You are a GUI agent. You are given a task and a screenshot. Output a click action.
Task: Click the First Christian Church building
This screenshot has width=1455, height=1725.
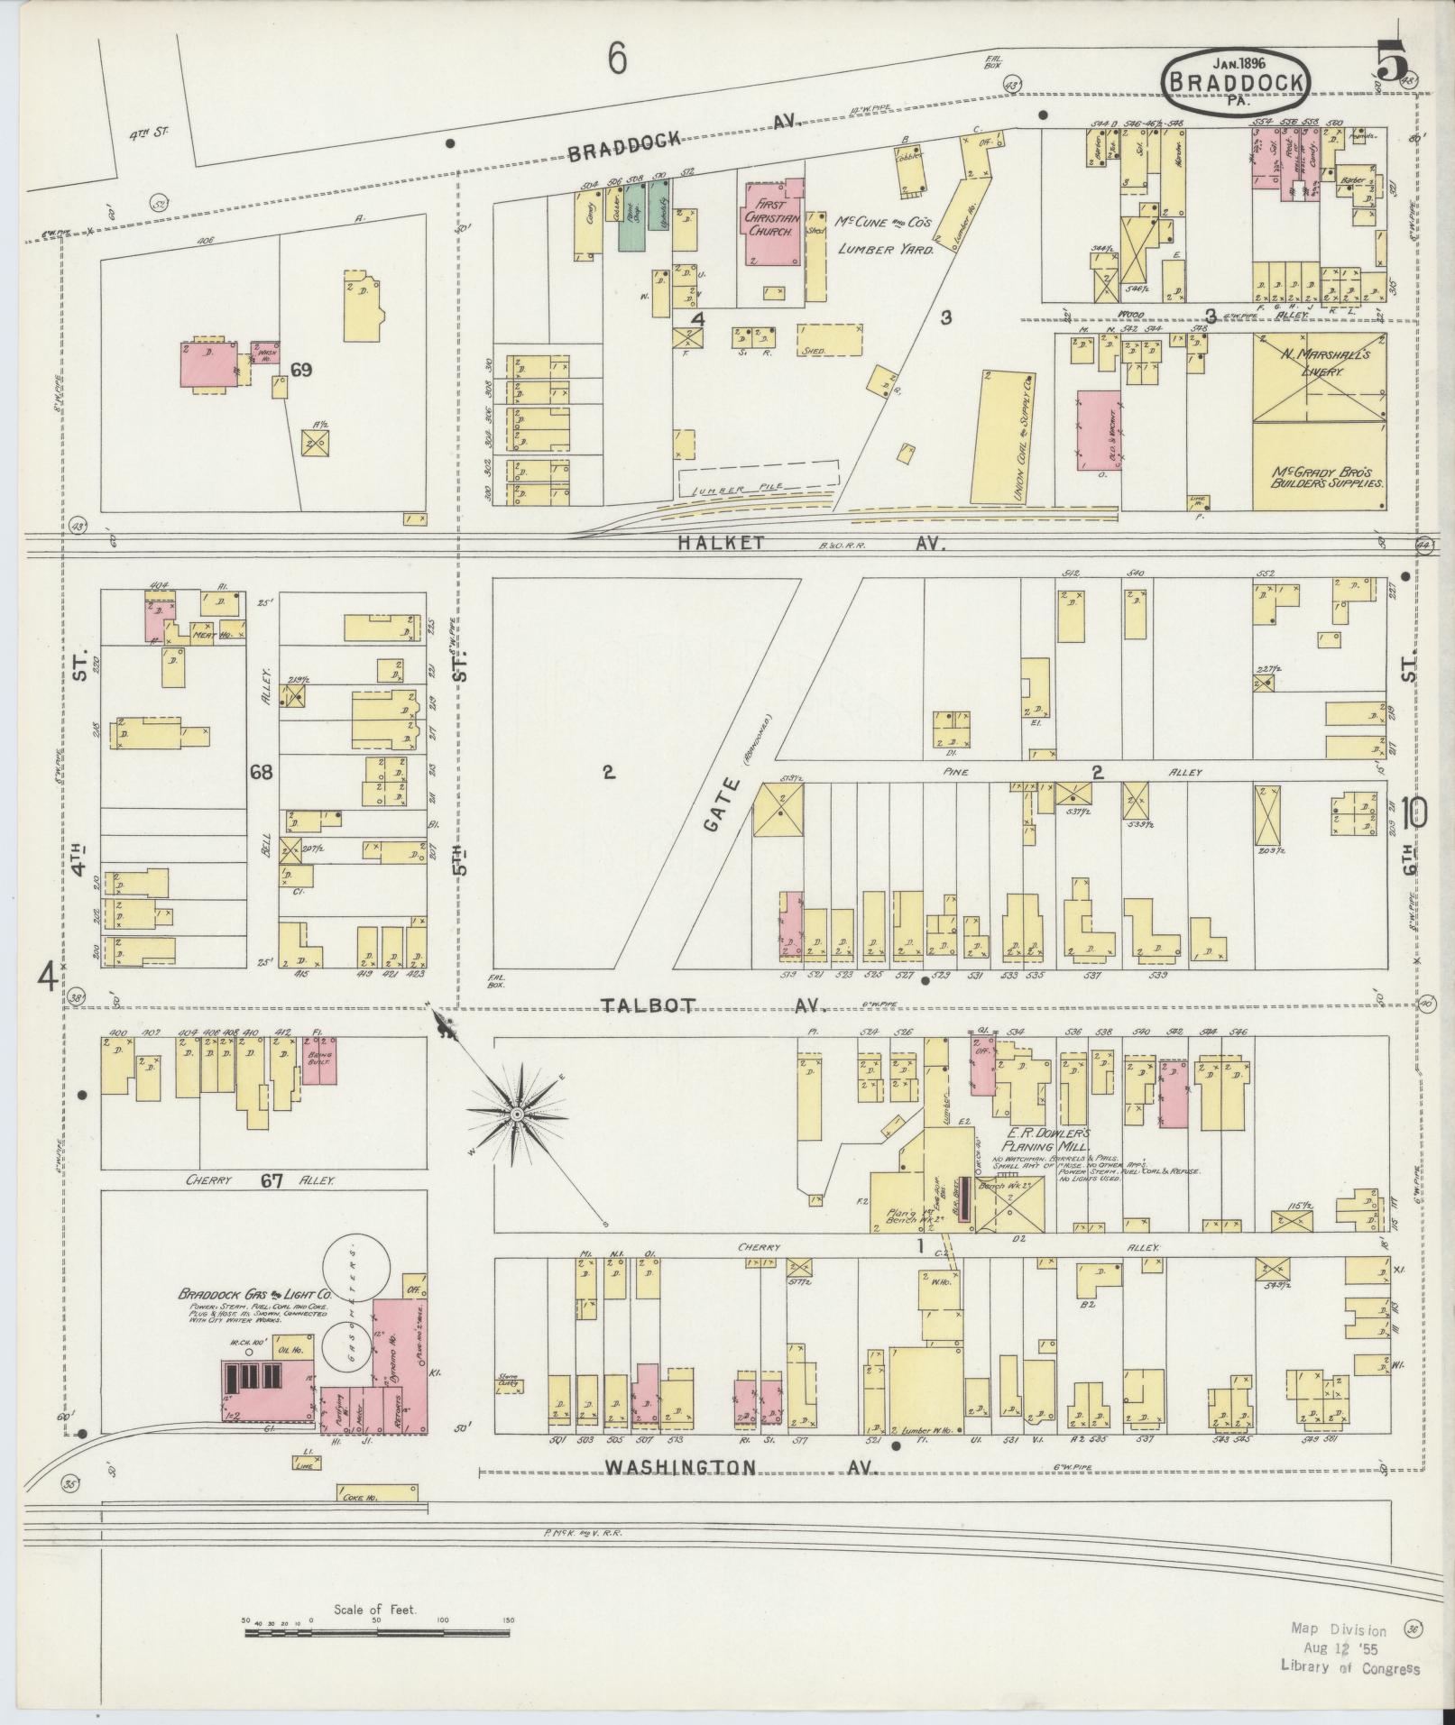(x=770, y=225)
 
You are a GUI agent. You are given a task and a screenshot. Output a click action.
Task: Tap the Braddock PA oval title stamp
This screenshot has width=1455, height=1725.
(x=1236, y=82)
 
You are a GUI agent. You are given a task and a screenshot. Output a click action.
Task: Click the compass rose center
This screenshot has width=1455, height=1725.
(x=517, y=1115)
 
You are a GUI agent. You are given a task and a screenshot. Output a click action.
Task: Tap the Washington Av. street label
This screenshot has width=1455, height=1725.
(x=680, y=1467)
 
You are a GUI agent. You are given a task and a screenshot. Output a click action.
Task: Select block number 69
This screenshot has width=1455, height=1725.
(x=301, y=370)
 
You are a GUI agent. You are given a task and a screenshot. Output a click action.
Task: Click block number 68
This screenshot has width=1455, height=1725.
(x=262, y=772)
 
